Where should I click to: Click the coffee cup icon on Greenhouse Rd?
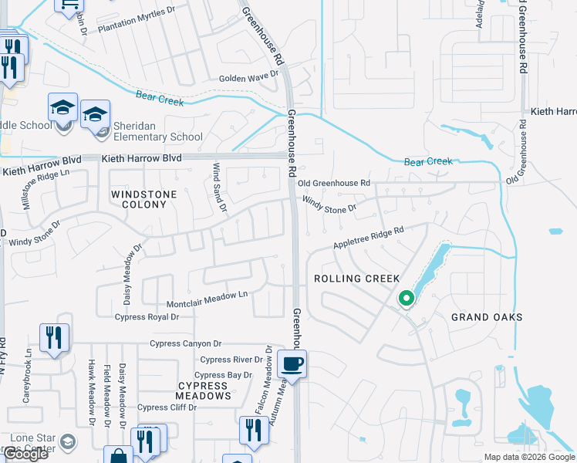pyautogui.click(x=292, y=363)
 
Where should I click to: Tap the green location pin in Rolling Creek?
pyautogui.click(x=407, y=297)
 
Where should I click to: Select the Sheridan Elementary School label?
pyautogui.click(x=158, y=132)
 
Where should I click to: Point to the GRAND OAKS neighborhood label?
pyautogui.click(x=487, y=317)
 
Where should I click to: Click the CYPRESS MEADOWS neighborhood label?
pyautogui.click(x=204, y=390)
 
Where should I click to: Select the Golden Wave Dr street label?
pyautogui.click(x=248, y=77)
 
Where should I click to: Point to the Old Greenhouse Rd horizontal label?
pyautogui.click(x=334, y=183)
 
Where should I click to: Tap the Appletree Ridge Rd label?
pyautogui.click(x=369, y=237)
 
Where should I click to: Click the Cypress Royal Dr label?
pyautogui.click(x=147, y=316)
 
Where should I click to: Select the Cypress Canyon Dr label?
pyautogui.click(x=185, y=343)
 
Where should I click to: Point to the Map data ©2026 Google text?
pyautogui.click(x=529, y=457)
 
